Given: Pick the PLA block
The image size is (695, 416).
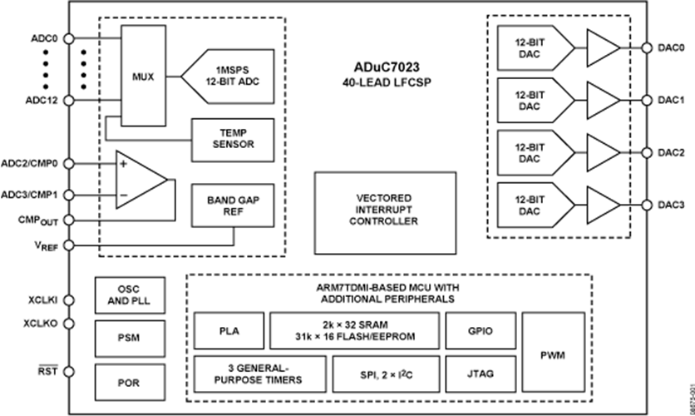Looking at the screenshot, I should click(229, 329).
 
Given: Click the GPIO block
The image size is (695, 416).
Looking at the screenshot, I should click(480, 329).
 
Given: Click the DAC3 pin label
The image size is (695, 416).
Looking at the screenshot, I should click(670, 205).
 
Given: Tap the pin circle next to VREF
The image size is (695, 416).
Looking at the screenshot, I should click(67, 245).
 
